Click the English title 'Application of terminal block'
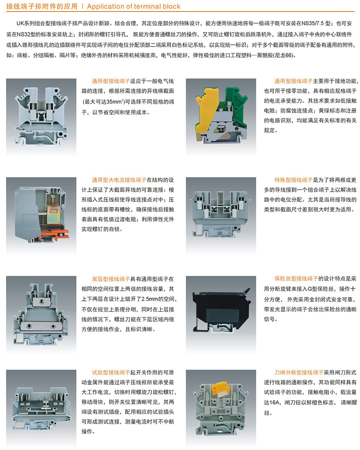pos(134,6)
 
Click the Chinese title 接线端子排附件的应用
pos(42,6)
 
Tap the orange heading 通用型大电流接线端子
pos(119,180)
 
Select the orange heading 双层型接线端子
pos(111,279)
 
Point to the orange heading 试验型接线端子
pos(111,373)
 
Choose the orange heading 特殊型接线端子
pos(293,180)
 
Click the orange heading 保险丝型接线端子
pos(296,279)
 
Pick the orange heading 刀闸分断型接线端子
pos(299,373)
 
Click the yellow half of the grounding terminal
pos(206,113)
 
